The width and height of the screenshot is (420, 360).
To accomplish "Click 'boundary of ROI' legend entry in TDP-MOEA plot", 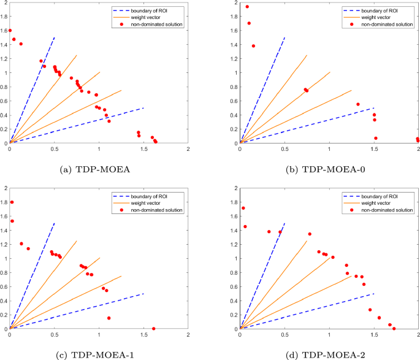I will tap(148, 10).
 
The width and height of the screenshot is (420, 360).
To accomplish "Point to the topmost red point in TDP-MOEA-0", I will tap(247, 7).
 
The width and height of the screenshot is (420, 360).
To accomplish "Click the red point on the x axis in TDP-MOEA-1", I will tap(154, 329).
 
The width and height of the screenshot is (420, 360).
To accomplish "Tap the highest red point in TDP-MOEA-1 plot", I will tap(12, 202).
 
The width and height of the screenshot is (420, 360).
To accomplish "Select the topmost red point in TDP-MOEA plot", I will tap(10, 30).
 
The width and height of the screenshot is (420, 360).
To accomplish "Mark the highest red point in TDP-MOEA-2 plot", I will tap(243, 209).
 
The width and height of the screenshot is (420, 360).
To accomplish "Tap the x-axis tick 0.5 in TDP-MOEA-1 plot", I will tap(54, 335).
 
